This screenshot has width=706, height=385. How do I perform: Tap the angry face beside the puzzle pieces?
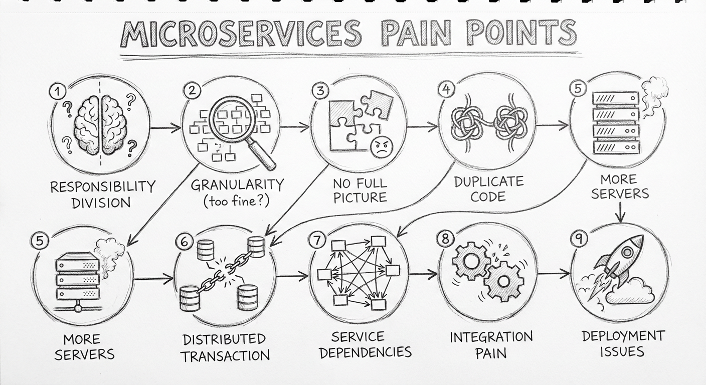click(381, 147)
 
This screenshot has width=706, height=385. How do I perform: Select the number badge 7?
click(317, 240)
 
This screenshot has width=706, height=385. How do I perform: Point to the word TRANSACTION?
click(225, 356)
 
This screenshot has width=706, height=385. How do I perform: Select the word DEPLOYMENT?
click(623, 335)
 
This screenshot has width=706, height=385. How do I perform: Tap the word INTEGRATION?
click(484, 336)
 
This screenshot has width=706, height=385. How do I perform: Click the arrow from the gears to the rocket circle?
click(555, 274)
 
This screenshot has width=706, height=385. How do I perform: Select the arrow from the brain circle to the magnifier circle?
click(165, 129)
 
